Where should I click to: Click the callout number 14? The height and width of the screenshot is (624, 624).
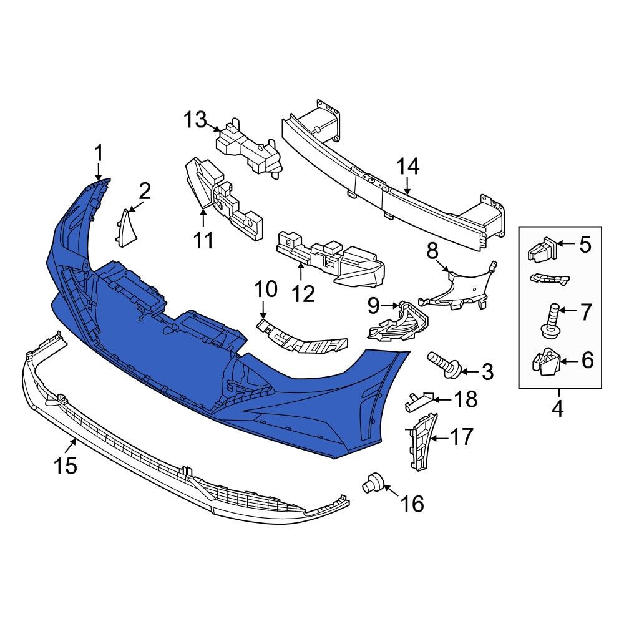click(409, 167)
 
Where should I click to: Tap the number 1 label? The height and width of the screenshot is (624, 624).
click(98, 152)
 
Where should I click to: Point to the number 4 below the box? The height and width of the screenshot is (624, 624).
click(557, 409)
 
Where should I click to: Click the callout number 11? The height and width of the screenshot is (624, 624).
click(203, 240)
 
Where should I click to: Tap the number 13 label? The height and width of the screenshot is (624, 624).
click(194, 119)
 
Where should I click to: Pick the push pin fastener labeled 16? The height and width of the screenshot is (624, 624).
click(373, 482)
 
